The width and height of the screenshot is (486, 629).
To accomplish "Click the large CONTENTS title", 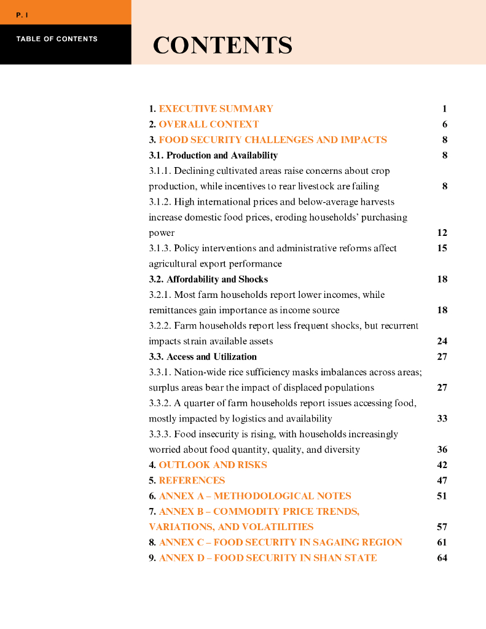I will coord(222,46).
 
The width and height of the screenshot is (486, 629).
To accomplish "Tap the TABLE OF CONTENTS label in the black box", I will coord(57,39).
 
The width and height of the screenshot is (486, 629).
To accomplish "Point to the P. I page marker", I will coord(23,15).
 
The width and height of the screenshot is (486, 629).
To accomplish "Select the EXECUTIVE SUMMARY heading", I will coord(216,109).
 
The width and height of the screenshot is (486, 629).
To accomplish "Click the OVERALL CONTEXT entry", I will coord(209,124).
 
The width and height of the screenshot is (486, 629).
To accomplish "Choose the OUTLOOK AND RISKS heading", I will coord(213,465).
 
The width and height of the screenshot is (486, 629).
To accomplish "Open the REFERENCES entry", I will coord(192,480).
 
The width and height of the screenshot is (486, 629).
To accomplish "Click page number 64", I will coord(442,558).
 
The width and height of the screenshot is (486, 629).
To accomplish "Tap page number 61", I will coord(442,542).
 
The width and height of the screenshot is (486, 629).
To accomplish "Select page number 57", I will coord(442,527).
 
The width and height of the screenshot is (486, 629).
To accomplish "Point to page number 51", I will coord(442,496).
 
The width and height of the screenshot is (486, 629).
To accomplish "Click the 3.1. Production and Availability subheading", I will coord(213,155).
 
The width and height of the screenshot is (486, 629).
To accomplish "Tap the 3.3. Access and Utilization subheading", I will coord(203,357).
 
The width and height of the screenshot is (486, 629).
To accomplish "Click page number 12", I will coord(442,233).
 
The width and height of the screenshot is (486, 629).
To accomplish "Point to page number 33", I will coord(442,418).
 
